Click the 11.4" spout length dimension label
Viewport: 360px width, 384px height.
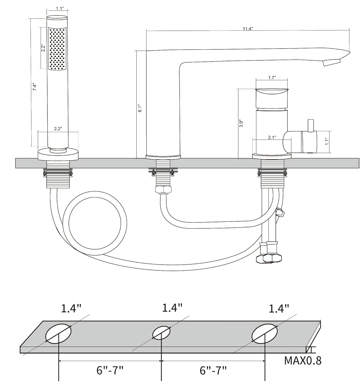tap(248, 29)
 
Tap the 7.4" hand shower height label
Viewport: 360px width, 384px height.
tap(34, 87)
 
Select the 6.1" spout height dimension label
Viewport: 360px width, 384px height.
tap(140, 108)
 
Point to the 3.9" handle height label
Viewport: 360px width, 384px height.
tap(241, 123)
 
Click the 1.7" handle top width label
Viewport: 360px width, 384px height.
tap(272, 78)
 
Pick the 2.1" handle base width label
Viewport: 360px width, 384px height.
tap(272, 138)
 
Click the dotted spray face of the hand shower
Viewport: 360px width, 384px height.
tap(57, 49)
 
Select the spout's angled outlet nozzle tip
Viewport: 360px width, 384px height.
tap(332, 63)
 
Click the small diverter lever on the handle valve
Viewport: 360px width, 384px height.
tap(311, 126)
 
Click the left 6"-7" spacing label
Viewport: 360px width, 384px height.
tap(110, 370)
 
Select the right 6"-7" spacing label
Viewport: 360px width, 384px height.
tap(213, 370)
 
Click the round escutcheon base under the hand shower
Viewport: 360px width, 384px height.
tap(58, 154)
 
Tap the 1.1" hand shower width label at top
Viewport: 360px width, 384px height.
tap(60, 8)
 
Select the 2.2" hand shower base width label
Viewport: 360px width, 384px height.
tap(58, 129)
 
